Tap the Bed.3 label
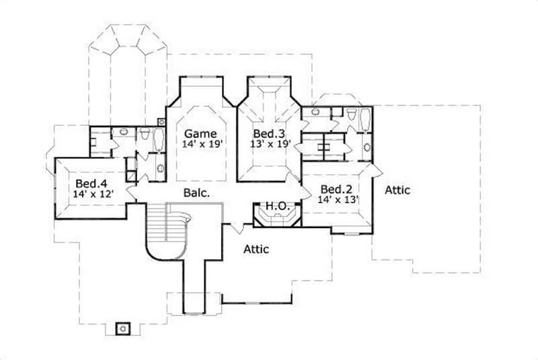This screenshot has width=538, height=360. pyautogui.click(x=267, y=133)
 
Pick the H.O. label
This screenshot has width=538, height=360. pyautogui.click(x=276, y=205)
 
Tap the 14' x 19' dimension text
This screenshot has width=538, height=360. pyautogui.click(x=200, y=143)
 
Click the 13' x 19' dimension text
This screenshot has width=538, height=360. pyautogui.click(x=268, y=143)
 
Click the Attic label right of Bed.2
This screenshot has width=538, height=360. pyautogui.click(x=397, y=190)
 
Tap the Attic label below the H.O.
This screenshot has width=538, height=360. pyautogui.click(x=256, y=250)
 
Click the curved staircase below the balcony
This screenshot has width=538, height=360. pyautogui.click(x=168, y=232)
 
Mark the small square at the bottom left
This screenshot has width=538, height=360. pyautogui.click(x=122, y=328)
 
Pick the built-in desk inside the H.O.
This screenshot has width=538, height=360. pyautogui.click(x=276, y=218)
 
